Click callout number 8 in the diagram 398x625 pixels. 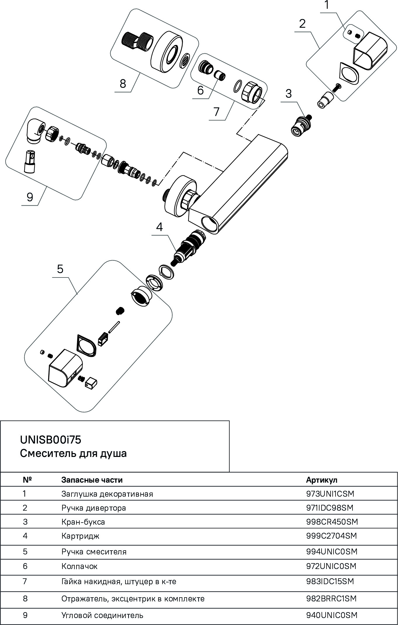[123, 83]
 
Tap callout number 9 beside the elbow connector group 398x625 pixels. [30, 198]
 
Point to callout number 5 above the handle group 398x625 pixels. [60, 269]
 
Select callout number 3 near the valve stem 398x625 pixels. [288, 94]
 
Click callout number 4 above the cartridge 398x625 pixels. [159, 227]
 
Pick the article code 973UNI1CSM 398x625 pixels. [330, 494]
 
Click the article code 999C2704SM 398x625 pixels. [331, 536]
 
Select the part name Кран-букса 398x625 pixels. [83, 522]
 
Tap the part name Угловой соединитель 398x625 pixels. [102, 615]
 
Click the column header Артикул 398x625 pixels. [322, 480]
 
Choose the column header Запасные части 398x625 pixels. [92, 480]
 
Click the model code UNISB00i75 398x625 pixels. [50, 440]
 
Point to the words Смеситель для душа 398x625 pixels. [73, 453]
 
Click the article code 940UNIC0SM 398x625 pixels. [331, 615]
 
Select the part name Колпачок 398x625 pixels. [79, 566]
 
